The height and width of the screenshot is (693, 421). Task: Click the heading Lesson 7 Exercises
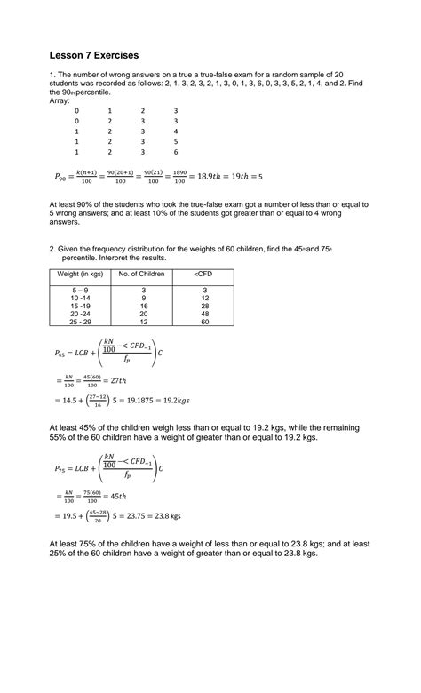click(99, 55)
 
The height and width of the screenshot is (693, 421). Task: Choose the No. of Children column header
click(142, 274)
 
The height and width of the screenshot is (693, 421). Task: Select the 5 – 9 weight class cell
click(81, 291)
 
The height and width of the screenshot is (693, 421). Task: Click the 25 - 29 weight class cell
click(81, 322)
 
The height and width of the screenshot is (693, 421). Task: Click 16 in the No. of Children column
click(142, 306)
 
